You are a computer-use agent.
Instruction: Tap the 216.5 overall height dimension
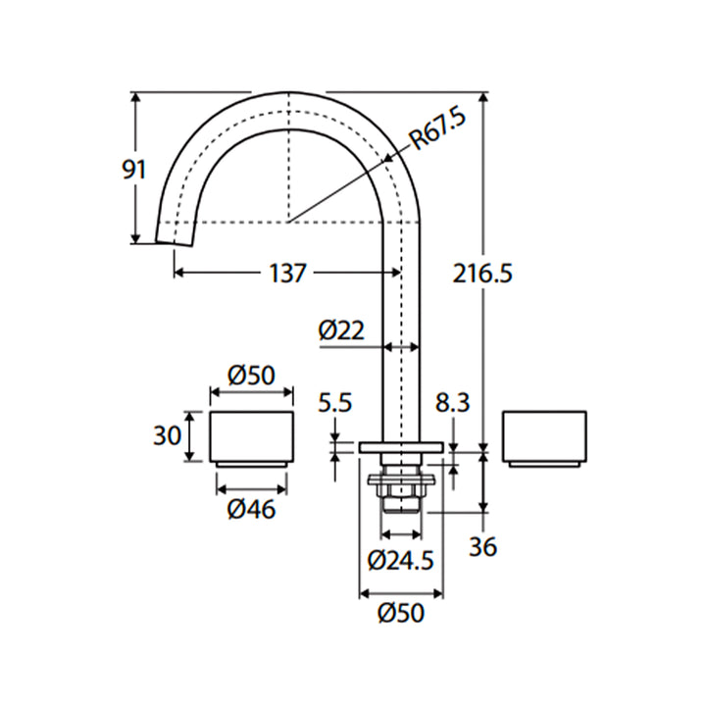click(x=481, y=274)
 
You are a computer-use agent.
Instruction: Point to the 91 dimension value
click(x=133, y=169)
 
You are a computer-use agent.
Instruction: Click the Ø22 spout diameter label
click(x=340, y=330)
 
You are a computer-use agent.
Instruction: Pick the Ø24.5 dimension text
click(x=400, y=560)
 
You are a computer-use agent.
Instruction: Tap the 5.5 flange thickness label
click(x=334, y=403)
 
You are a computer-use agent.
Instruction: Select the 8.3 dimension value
click(x=453, y=403)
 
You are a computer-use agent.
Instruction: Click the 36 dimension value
click(x=482, y=545)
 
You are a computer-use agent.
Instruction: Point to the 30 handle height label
click(x=167, y=434)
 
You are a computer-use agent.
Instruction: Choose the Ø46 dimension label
click(x=251, y=510)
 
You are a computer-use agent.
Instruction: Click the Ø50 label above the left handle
click(x=251, y=375)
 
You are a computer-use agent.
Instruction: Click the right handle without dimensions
click(x=544, y=435)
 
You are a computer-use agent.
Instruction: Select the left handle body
click(x=252, y=433)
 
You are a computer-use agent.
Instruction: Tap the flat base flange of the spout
click(x=401, y=447)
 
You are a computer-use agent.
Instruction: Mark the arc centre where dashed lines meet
click(x=288, y=219)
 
